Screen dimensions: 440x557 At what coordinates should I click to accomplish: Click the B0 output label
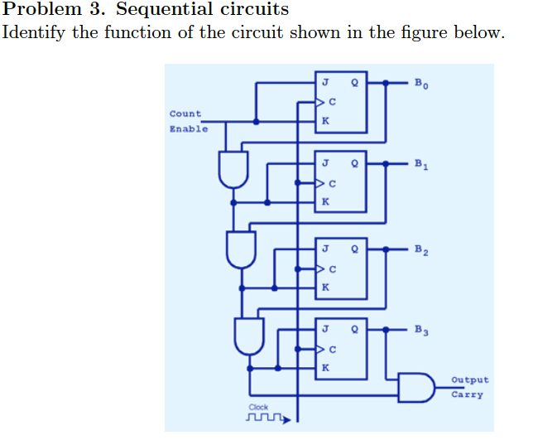(x=422, y=83)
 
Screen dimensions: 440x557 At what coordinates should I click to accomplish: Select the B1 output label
(x=422, y=164)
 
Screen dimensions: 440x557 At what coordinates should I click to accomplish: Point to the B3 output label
(x=422, y=330)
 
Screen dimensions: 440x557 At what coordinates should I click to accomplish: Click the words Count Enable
(x=187, y=121)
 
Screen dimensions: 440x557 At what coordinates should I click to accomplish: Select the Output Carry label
(x=469, y=387)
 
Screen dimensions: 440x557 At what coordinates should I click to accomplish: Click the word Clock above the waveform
(x=259, y=407)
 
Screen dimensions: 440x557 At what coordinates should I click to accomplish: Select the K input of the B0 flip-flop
(x=325, y=121)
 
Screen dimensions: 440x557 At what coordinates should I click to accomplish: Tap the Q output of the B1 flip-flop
(x=355, y=163)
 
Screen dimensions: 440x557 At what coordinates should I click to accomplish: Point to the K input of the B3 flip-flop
(x=325, y=367)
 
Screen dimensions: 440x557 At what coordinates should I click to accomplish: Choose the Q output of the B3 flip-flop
(x=355, y=329)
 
